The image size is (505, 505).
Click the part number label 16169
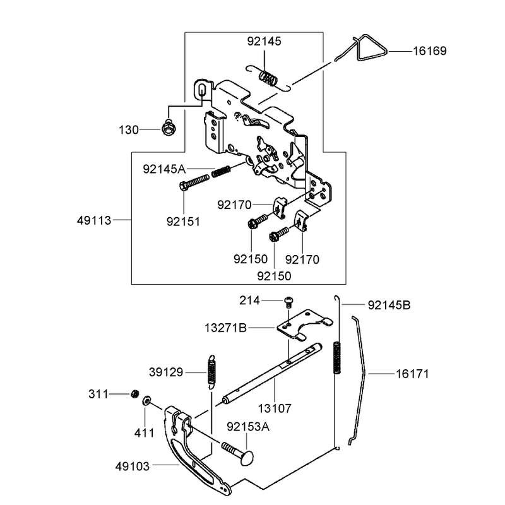(430, 51)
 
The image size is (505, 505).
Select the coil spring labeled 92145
(268, 78)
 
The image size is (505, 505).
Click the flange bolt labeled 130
(169, 128)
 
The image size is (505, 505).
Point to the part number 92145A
(164, 169)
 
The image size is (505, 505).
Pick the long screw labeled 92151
(194, 182)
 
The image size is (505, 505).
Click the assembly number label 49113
(93, 220)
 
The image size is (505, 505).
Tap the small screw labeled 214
(289, 302)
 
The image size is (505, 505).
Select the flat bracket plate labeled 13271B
(304, 324)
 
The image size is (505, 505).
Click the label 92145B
(389, 305)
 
